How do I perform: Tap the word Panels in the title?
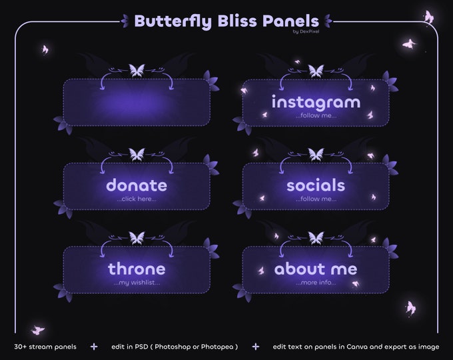[x=290, y=21]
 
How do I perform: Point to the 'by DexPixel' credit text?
[x=305, y=31]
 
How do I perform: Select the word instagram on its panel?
[x=316, y=103]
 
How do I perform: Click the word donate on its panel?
[x=137, y=185]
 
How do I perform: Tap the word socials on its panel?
[x=316, y=185]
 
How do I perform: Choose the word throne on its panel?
[x=137, y=269]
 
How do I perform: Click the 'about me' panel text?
[x=316, y=269]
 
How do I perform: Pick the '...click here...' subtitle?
[x=137, y=199]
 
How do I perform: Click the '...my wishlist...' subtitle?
[x=137, y=283]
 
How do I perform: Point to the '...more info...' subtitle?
[x=316, y=283]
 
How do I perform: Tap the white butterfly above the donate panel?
[x=137, y=154]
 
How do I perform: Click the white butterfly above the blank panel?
[x=137, y=70]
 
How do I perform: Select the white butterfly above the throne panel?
[x=137, y=237]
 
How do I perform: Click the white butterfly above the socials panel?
[x=316, y=154]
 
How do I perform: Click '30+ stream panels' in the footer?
[x=45, y=347]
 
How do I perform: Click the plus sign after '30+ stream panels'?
[x=94, y=347]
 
